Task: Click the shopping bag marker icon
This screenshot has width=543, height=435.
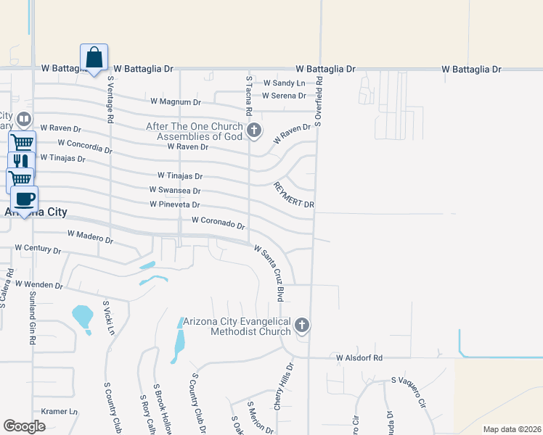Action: [x=94, y=57]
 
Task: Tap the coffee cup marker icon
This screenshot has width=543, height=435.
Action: [x=25, y=199]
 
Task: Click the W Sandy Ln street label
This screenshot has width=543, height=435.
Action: [x=285, y=83]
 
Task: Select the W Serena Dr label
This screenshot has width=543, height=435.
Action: [x=284, y=96]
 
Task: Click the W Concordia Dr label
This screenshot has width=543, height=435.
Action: [x=85, y=146]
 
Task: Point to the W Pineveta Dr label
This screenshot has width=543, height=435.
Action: [x=174, y=205]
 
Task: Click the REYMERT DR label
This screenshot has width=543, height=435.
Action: [x=294, y=194]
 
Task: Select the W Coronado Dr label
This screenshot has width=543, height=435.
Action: [x=219, y=223]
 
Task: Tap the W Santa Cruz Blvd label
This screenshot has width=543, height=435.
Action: [x=268, y=273]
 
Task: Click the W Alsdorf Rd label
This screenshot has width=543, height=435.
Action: [x=359, y=357]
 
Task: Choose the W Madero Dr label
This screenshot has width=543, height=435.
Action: [x=90, y=236]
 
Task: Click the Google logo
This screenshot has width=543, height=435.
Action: [x=25, y=426]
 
